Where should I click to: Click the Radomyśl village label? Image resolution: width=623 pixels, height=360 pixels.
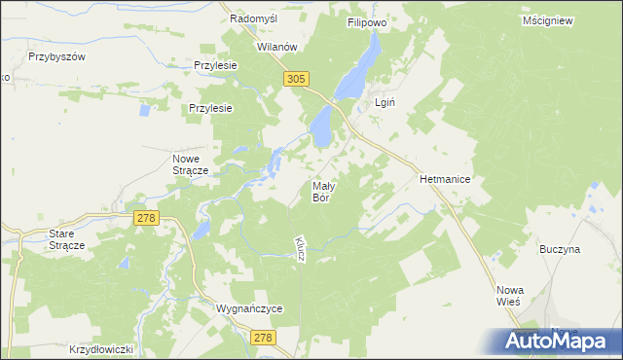pyautogui.click(x=255, y=18)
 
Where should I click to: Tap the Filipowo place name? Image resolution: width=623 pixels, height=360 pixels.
pyautogui.click(x=369, y=18)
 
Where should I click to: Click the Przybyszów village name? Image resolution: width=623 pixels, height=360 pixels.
pyautogui.click(x=58, y=56)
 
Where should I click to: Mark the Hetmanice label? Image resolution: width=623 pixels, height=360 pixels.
pyautogui.click(x=445, y=180)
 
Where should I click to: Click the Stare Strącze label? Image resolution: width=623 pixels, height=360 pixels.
pyautogui.click(x=67, y=239)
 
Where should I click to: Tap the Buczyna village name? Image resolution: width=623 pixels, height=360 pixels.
pyautogui.click(x=560, y=249)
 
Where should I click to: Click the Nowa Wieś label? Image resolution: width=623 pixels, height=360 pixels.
pyautogui.click(x=509, y=295)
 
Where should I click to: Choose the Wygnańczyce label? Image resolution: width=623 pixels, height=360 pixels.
pyautogui.click(x=248, y=308)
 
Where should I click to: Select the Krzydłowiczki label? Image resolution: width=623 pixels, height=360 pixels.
pyautogui.click(x=100, y=347)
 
